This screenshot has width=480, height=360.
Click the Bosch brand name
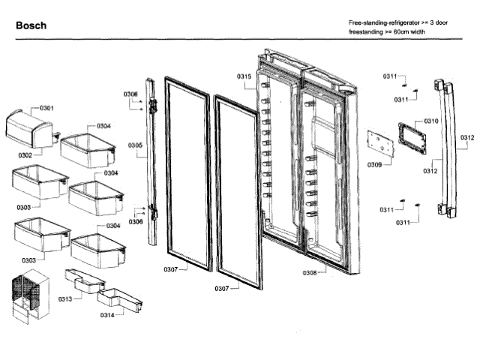coord(31,25)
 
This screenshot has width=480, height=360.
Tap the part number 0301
coord(46,108)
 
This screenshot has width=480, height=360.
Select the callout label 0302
coord(25,155)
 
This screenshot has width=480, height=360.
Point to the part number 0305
coord(134,145)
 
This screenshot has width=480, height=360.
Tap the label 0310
coord(431,121)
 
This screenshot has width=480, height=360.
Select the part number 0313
coord(65,299)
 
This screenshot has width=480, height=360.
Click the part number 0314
coord(108,315)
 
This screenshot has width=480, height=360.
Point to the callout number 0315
coord(244,77)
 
